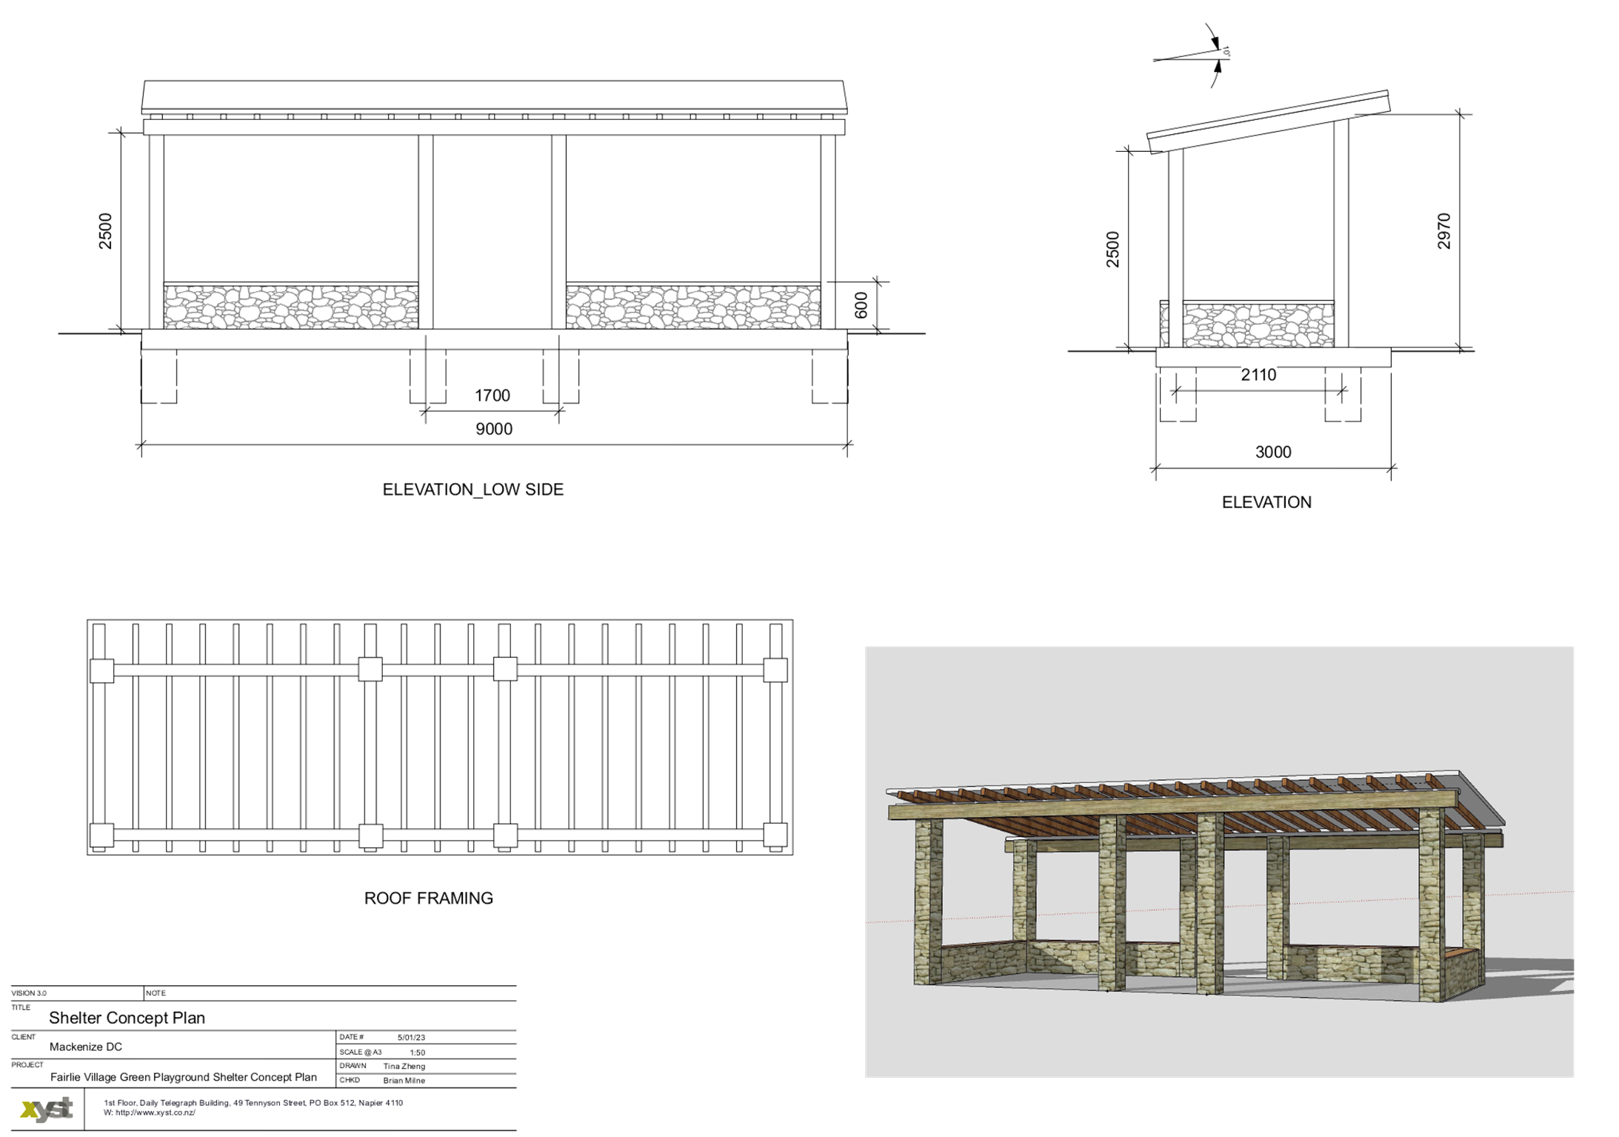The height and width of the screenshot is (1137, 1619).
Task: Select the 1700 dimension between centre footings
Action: pos(492,396)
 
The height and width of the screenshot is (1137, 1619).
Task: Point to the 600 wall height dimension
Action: pos(861,305)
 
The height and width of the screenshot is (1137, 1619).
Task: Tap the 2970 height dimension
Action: pos(1443,231)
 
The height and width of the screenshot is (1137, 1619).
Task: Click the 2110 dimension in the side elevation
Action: pos(1258,376)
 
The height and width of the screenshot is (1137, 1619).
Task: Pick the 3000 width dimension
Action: pos(1272,453)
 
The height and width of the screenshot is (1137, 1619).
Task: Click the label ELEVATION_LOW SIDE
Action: pos(473,490)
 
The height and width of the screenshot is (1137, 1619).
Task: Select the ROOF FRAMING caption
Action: pos(428,898)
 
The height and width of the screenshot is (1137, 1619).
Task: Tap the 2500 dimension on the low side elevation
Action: pos(106,231)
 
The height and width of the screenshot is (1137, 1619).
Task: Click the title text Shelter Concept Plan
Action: pos(127,1018)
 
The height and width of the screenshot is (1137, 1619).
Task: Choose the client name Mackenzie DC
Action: pos(86,1047)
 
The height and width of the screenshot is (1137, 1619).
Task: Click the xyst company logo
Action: pos(47,1109)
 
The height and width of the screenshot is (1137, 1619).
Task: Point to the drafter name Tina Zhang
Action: pos(404,1067)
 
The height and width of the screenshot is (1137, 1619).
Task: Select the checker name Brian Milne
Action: pos(404,1081)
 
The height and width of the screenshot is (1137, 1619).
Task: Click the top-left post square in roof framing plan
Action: pos(101,670)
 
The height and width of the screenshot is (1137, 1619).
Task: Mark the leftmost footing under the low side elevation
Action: pos(158,376)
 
